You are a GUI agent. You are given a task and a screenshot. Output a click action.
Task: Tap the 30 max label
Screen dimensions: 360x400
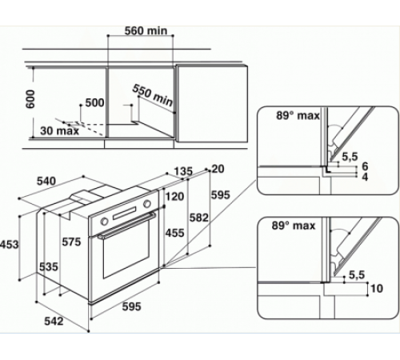tap(58, 131)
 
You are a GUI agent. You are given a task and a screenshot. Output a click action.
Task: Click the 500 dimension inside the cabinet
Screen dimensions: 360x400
tap(95, 103)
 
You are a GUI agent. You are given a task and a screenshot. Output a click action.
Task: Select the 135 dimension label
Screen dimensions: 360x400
tap(185, 170)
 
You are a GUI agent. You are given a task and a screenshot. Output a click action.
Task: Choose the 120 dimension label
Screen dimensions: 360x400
tap(175, 195)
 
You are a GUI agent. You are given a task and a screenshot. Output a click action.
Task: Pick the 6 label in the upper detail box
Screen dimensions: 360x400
tap(364, 166)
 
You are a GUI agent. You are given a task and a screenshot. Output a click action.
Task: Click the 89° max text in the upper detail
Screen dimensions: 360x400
tap(289, 116)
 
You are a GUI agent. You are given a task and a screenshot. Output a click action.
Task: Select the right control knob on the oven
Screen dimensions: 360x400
tap(148, 209)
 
